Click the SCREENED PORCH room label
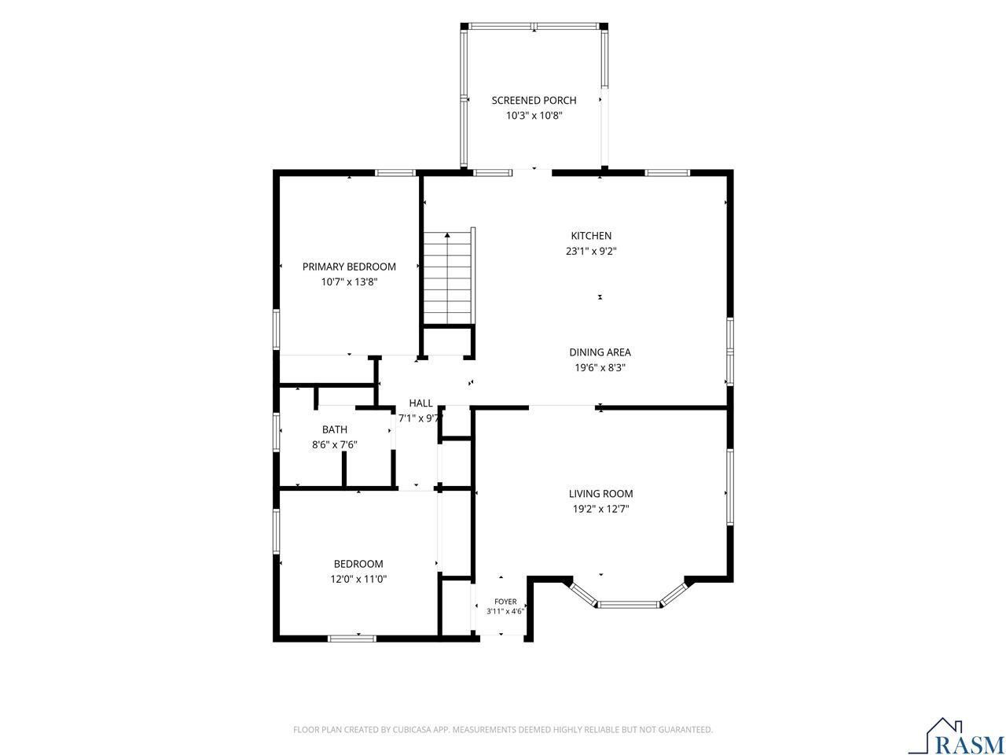[x=534, y=101]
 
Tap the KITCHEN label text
[x=591, y=236]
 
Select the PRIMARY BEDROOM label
[x=349, y=267]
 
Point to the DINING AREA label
[x=600, y=352]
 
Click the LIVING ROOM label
[x=601, y=494]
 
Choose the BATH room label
[x=335, y=429]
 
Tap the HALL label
[x=420, y=403]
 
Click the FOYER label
[x=505, y=602]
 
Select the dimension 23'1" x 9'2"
[x=591, y=251]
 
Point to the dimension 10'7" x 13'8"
[x=349, y=282]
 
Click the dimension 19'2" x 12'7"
[x=601, y=509]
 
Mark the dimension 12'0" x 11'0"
[x=358, y=580]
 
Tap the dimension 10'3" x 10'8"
[x=534, y=116]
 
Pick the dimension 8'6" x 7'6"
[x=335, y=444]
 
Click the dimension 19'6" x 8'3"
[x=600, y=367]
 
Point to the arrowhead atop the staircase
[x=447, y=235]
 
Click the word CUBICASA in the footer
[x=412, y=729]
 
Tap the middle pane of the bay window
[x=628, y=605]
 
